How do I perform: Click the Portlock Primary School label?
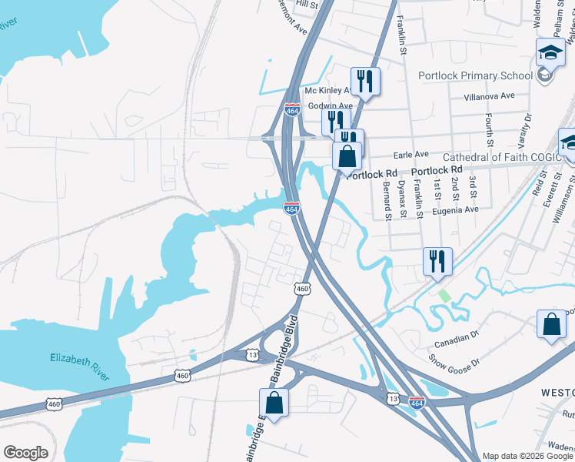pos(474,75)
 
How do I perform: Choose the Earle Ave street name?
pos(411,154)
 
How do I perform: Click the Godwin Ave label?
pos(330,105)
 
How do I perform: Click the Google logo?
pos(25,453)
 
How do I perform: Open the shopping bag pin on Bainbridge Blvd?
pos(274,403)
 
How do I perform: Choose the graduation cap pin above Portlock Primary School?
pos(550,52)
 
